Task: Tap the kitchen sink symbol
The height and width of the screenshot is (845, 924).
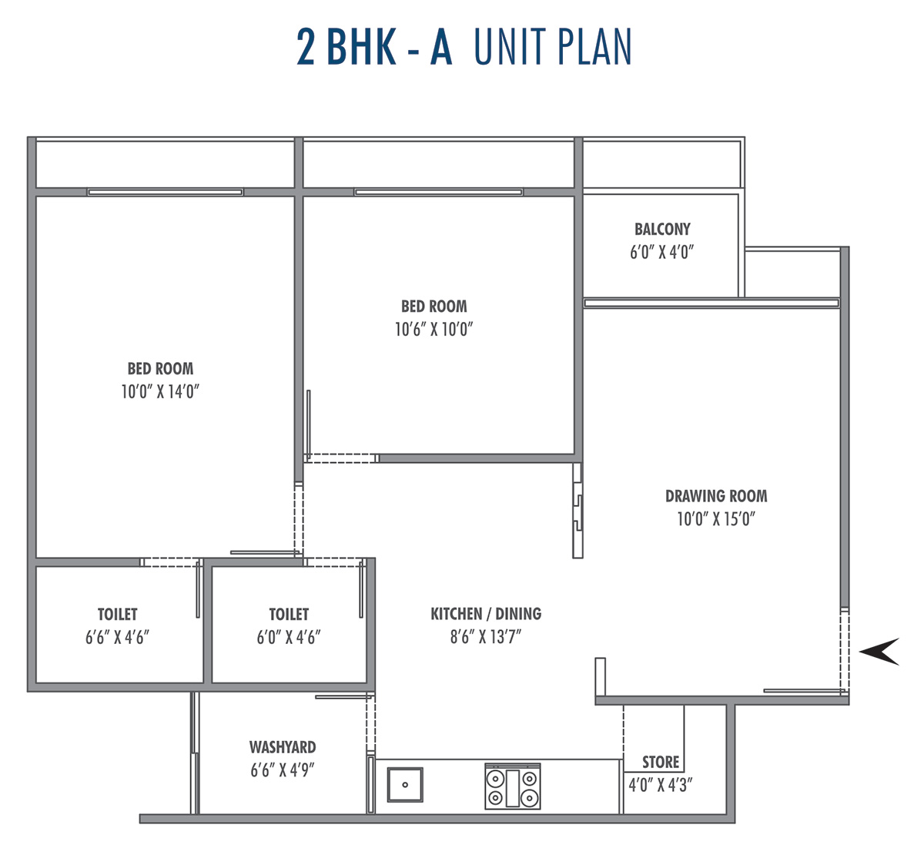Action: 405,785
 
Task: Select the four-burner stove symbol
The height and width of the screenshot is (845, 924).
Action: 512,786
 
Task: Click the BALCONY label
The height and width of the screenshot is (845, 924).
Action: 662,229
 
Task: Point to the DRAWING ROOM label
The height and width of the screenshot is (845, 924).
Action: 716,496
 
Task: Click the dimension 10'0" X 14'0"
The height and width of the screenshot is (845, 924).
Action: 160,391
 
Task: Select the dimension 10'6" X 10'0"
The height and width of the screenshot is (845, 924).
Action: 434,329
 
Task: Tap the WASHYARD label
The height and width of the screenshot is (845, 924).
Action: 283,747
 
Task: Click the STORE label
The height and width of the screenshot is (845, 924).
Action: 661,762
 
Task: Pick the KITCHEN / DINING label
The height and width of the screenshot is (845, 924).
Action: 486,614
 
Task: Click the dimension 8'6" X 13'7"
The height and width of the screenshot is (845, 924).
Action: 486,636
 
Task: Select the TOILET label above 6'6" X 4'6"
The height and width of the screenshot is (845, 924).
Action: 118,614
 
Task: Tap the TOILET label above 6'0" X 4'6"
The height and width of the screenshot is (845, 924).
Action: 289,614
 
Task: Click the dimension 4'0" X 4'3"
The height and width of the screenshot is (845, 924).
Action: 661,785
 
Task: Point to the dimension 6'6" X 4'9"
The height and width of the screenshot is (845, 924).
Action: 283,770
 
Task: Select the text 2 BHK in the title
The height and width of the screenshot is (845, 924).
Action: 346,46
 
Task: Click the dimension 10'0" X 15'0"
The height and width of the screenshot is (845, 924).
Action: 716,519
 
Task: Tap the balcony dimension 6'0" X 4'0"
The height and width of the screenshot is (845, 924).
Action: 662,252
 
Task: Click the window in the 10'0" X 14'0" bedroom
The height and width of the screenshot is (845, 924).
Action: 166,192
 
